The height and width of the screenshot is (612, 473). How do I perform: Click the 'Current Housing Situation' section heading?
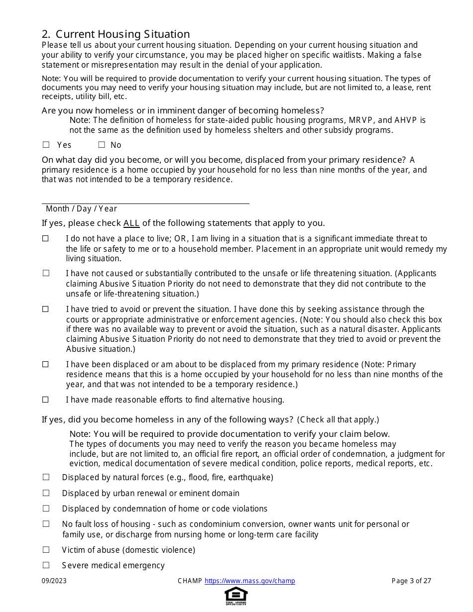[x=116, y=34]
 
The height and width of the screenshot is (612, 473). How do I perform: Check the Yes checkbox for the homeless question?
[x=46, y=145]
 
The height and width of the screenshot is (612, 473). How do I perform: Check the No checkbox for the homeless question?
[x=102, y=145]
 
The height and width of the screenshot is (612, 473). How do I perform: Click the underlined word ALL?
[x=131, y=223]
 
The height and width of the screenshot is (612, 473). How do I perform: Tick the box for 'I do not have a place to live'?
[x=46, y=239]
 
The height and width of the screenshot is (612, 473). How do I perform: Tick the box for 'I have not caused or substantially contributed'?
[x=46, y=273]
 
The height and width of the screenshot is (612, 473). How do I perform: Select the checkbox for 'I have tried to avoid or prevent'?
[x=46, y=309]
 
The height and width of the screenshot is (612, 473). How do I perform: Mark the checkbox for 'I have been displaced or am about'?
[x=46, y=364]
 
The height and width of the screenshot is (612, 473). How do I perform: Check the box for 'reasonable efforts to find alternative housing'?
[x=46, y=400]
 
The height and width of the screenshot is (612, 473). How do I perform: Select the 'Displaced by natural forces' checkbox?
[x=46, y=477]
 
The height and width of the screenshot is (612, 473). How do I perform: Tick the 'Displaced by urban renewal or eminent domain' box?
[x=46, y=493]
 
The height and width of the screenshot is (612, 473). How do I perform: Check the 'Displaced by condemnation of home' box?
[x=46, y=509]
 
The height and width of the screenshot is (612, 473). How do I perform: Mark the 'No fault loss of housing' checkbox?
[x=46, y=524]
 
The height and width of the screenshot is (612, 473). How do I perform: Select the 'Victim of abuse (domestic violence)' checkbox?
[x=46, y=550]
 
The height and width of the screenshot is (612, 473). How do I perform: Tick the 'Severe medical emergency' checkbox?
[x=46, y=565]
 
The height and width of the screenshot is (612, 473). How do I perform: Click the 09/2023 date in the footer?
[x=54, y=581]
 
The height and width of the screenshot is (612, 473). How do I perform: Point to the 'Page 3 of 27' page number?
[x=411, y=581]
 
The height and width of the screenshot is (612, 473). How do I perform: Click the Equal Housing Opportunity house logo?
[x=236, y=596]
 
